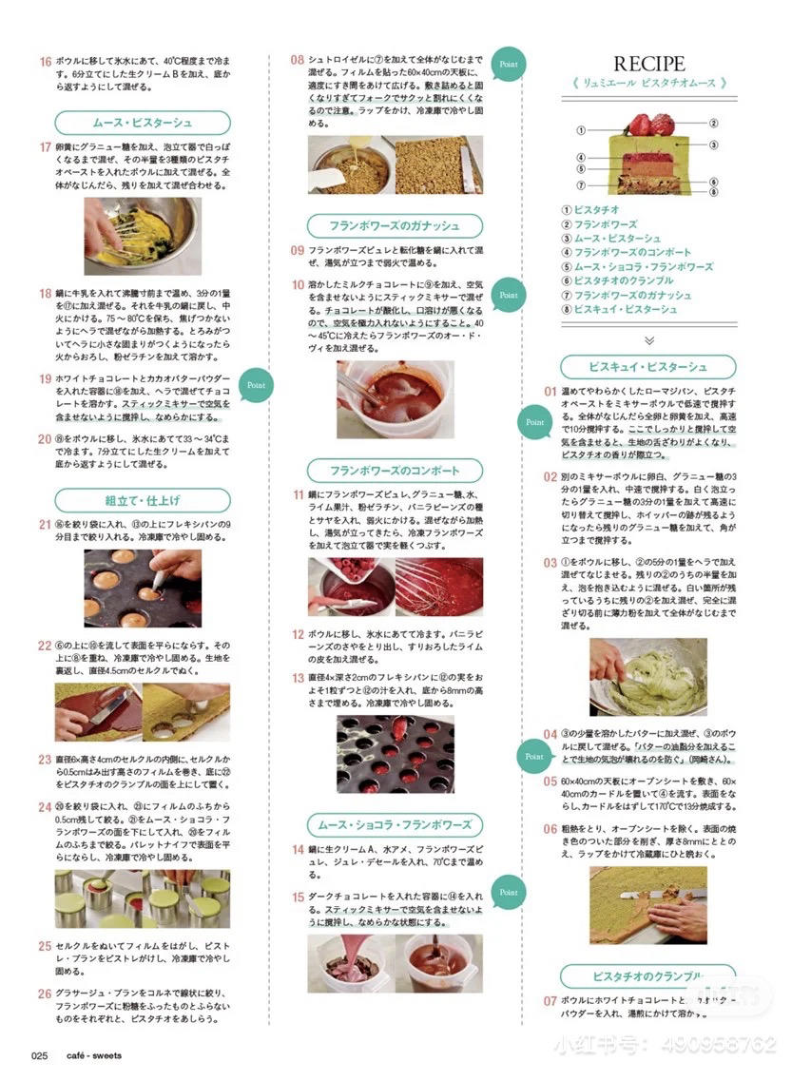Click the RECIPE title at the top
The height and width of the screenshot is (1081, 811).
(x=648, y=64)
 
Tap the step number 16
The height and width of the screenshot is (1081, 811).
(x=45, y=62)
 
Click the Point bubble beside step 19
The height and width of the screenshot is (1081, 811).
(x=256, y=386)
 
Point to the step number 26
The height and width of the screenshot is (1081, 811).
(x=45, y=994)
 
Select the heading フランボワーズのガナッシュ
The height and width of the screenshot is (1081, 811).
(x=395, y=226)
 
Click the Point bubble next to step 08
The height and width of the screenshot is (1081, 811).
(x=509, y=64)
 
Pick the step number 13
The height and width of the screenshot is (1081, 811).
(x=298, y=678)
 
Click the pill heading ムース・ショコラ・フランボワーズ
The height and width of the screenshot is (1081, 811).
(x=395, y=824)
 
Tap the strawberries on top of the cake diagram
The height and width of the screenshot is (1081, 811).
(x=649, y=124)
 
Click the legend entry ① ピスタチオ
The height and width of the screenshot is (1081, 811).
(x=591, y=209)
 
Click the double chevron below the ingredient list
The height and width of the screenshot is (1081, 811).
(x=648, y=338)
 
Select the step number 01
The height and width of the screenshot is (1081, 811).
(x=550, y=391)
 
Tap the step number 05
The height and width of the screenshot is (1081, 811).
(x=550, y=781)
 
